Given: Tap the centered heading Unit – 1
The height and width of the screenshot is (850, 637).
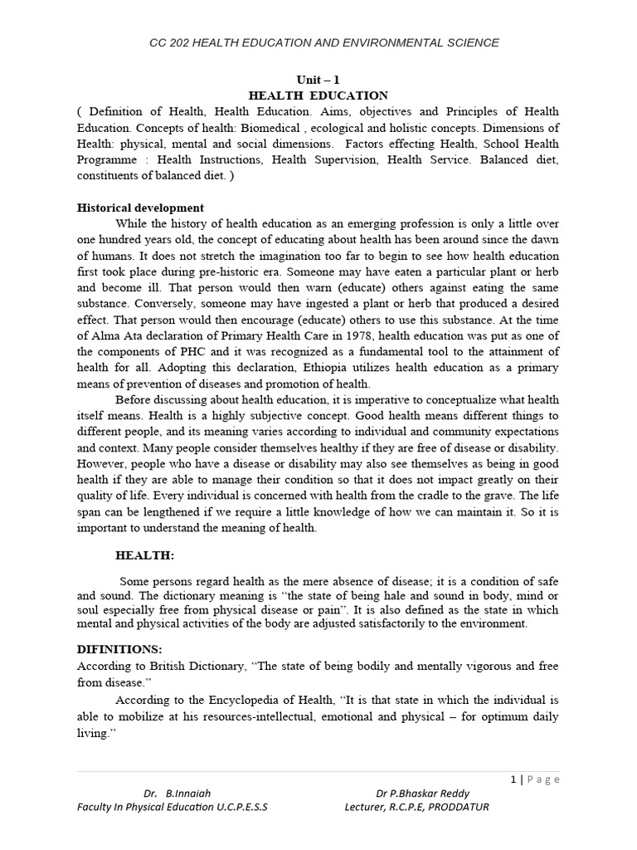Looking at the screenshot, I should pos(318,80).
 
